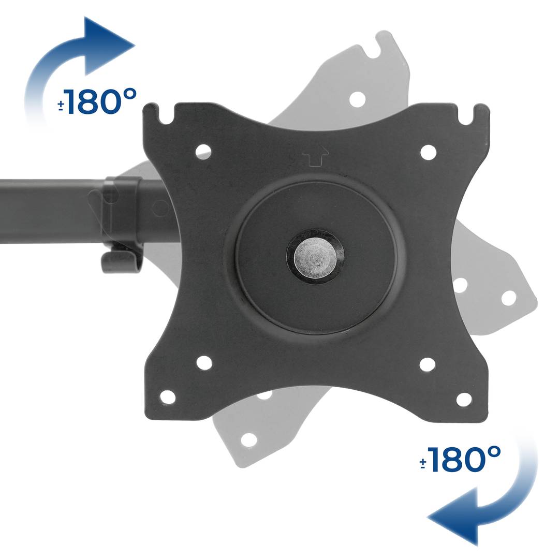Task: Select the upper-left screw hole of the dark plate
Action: pos(203,151)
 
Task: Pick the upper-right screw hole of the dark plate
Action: pos(428,152)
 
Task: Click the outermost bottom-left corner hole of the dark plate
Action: pos(168,397)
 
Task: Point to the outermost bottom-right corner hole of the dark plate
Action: pos(464,399)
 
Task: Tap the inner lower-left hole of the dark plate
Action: pos(204,363)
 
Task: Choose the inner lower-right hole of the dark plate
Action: pos(427,364)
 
